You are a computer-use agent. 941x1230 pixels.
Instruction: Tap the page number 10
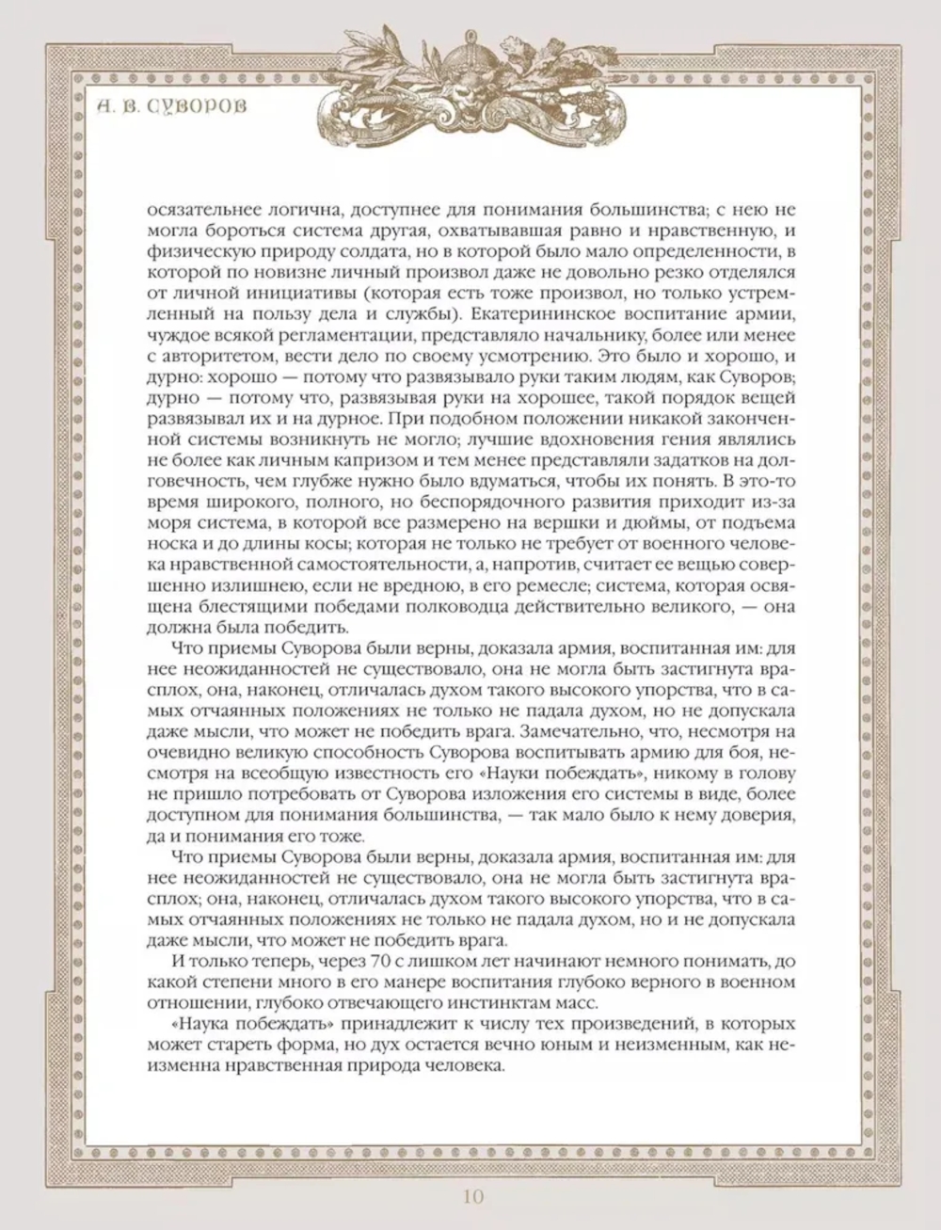pyautogui.click(x=472, y=1197)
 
